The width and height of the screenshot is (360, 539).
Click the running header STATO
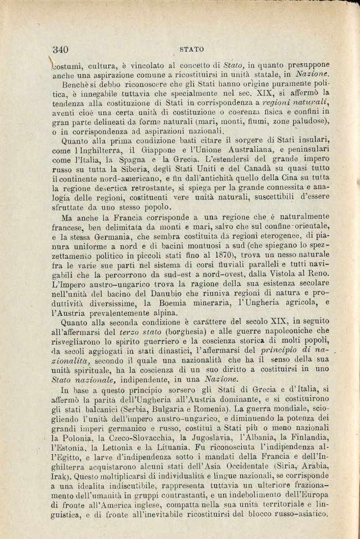coord(192,50)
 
